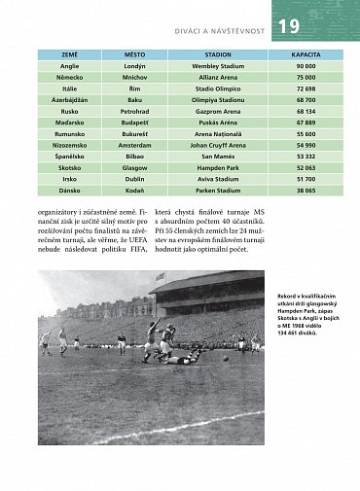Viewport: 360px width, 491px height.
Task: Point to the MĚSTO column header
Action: [134, 55]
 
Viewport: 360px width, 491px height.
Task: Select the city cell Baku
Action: [134, 100]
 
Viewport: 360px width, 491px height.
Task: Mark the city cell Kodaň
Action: [134, 189]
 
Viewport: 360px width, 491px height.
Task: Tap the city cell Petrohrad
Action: [134, 111]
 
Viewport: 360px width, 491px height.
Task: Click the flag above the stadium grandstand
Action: [160, 276]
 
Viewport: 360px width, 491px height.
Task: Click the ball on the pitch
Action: [226, 358]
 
